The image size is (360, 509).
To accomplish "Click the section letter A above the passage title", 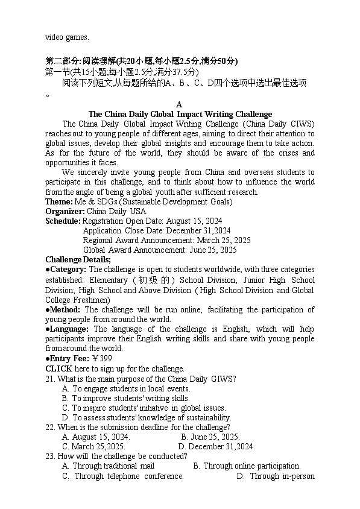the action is pyautogui.click(x=179, y=104).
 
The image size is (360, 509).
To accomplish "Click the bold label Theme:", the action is pyautogui.click(x=58, y=201).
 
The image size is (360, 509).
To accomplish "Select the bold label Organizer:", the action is pyautogui.click(x=65, y=211).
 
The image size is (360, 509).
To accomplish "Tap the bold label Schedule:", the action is pyautogui.click(x=63, y=221).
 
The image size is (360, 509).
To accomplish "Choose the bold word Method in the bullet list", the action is pyautogui.click(x=65, y=310).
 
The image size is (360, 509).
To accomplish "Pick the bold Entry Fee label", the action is pyautogui.click(x=69, y=359).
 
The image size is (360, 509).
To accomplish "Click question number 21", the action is pyautogui.click(x=50, y=379).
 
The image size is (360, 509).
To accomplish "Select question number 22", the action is pyautogui.click(x=50, y=427).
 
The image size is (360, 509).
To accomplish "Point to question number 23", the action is pyautogui.click(x=50, y=456).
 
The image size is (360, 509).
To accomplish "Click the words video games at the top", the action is pyautogui.click(x=67, y=37).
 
